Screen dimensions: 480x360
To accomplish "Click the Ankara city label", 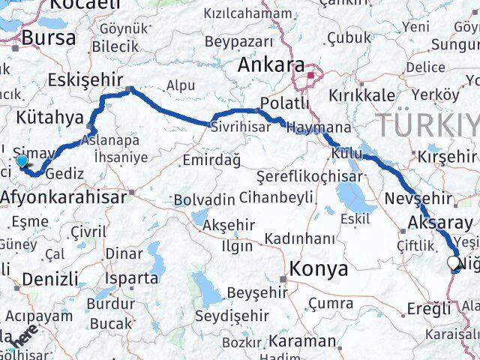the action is click(x=271, y=66).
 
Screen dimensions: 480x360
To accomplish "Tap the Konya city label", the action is click(x=319, y=268).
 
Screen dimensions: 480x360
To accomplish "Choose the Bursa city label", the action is click(x=49, y=38).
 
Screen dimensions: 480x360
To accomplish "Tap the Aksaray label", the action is click(x=441, y=223).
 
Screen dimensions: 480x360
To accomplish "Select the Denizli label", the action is click(x=50, y=279).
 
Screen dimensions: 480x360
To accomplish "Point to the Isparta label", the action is click(x=133, y=278).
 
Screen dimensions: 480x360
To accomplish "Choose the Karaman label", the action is click(x=302, y=340).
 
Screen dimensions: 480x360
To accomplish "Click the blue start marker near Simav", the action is click(x=21, y=159).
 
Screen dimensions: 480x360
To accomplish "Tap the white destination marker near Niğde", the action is click(x=454, y=262).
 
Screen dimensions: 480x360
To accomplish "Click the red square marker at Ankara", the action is click(x=314, y=75).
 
